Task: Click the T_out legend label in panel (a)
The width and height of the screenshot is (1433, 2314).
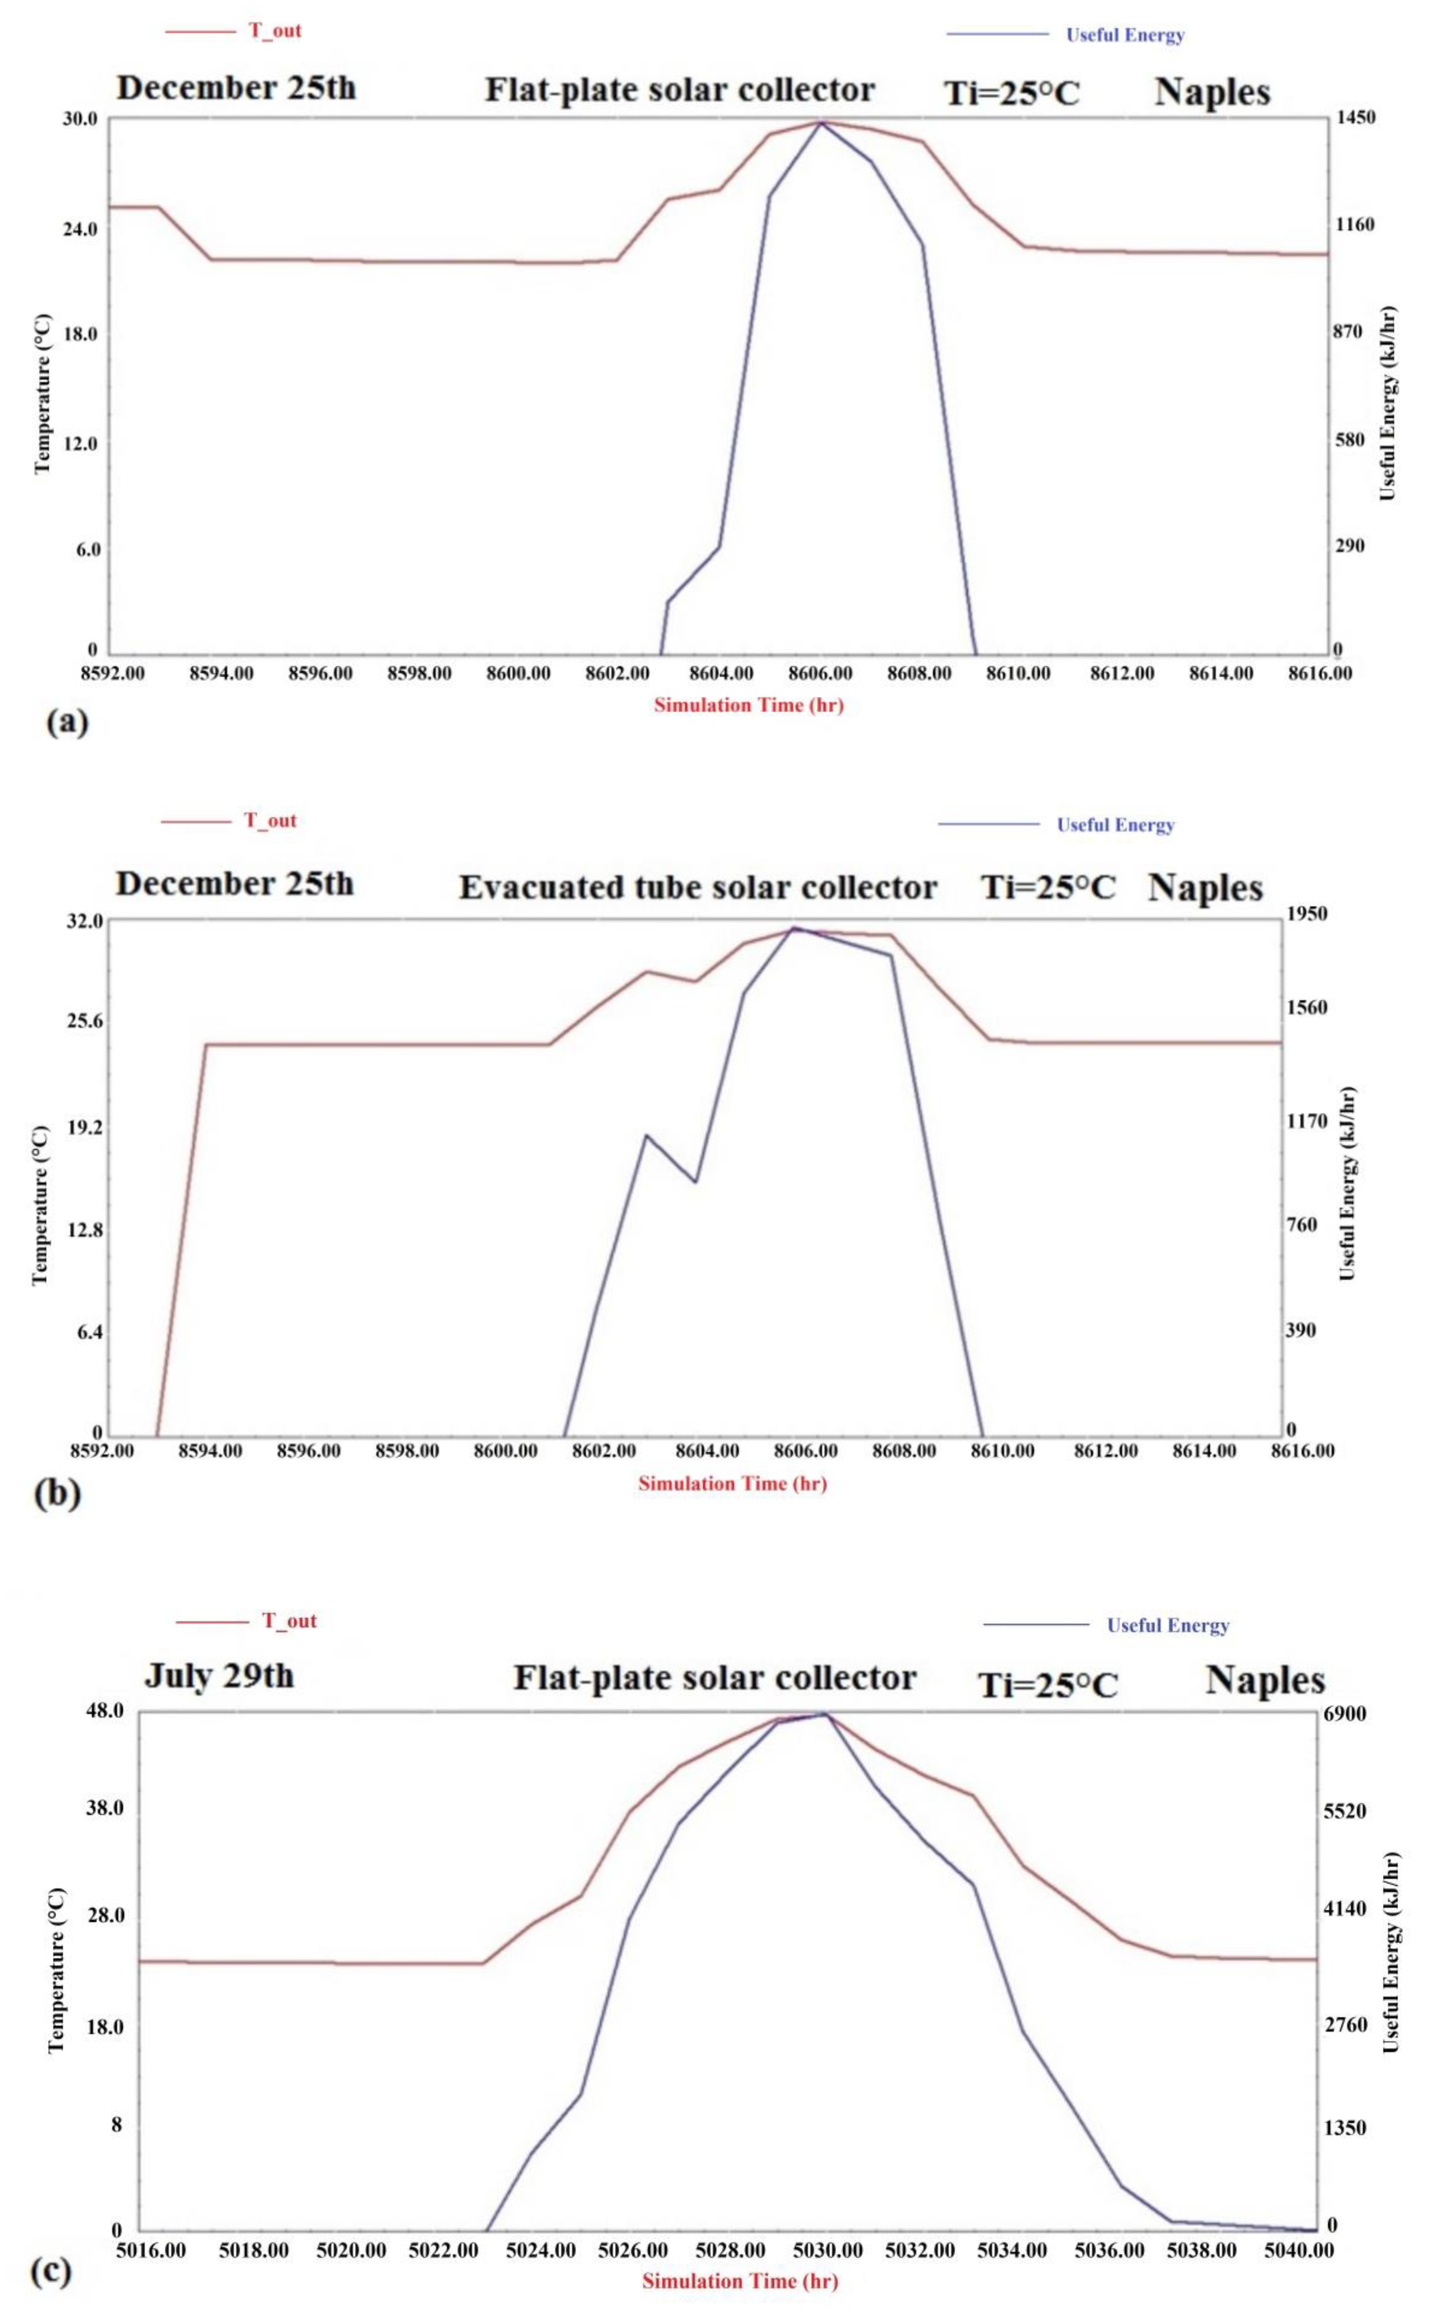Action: click(x=275, y=30)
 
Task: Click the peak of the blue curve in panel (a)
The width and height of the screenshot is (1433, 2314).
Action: click(x=821, y=122)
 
